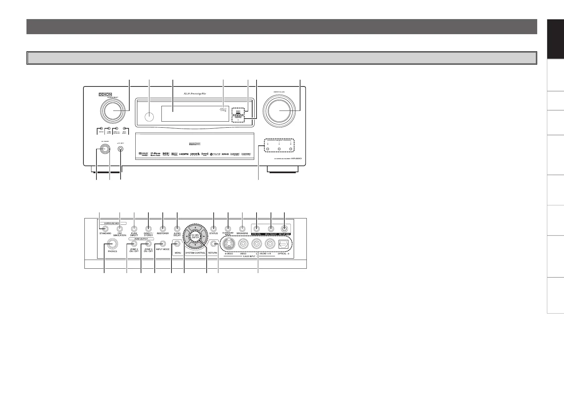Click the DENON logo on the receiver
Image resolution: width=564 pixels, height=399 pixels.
tap(105, 95)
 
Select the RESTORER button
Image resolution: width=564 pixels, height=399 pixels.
tap(163, 229)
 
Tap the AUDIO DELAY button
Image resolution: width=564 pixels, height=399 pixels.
tap(177, 229)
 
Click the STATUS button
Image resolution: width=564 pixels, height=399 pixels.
tap(213, 229)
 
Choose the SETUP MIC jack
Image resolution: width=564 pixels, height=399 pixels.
tap(284, 229)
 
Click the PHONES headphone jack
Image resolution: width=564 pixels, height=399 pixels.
tap(112, 244)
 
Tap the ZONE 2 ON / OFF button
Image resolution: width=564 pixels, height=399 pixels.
tap(134, 244)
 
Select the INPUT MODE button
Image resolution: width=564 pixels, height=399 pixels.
tap(162, 244)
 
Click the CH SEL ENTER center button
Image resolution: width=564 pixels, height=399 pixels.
tap(195, 236)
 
